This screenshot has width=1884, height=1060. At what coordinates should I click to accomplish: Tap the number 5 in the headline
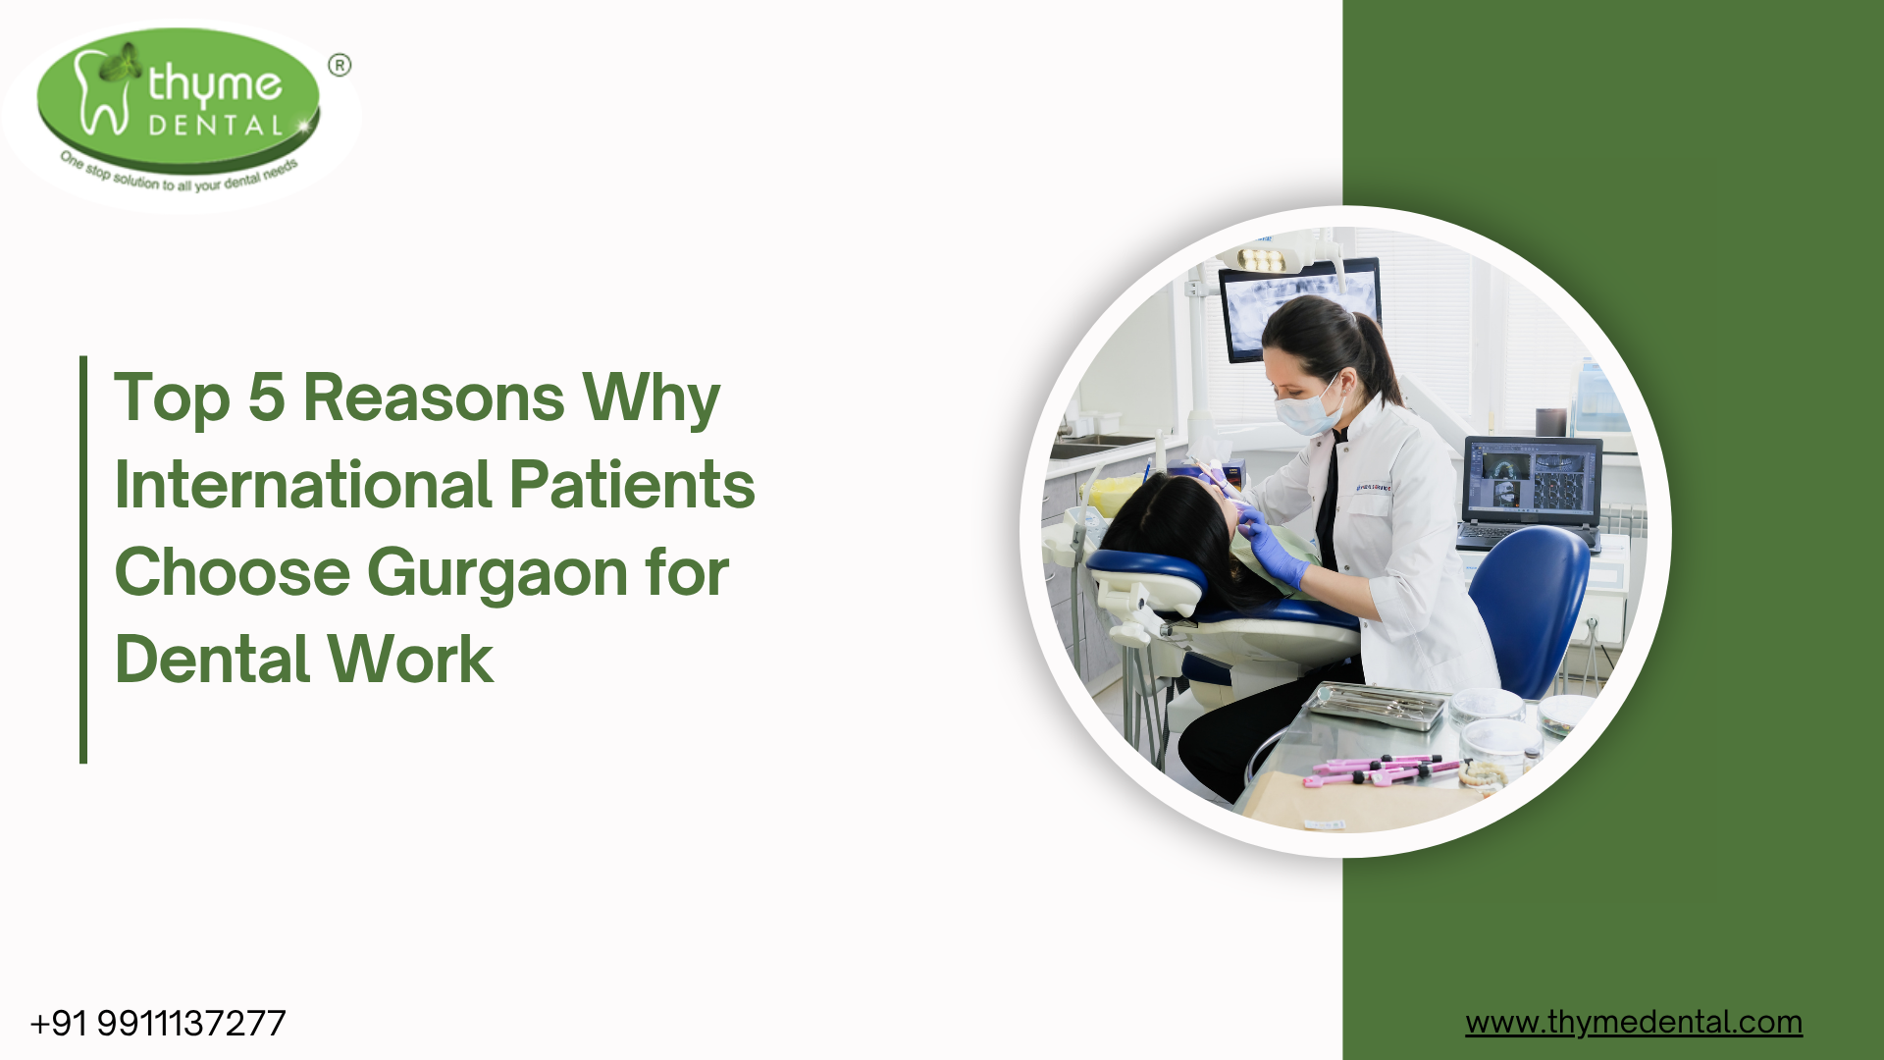[x=266, y=397]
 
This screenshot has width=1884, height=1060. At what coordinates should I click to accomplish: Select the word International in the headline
[x=303, y=485]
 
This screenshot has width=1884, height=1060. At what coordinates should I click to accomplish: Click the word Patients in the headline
[x=632, y=485]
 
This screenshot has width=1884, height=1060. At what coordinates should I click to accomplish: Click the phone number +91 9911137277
[x=158, y=1024]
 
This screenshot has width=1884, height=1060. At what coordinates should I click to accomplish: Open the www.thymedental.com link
[x=1634, y=1023]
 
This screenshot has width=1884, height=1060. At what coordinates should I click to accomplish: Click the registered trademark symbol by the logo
[x=340, y=66]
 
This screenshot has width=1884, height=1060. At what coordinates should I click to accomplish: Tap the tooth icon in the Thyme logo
[x=102, y=91]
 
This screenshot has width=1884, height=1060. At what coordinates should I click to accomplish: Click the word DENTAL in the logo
[x=216, y=126]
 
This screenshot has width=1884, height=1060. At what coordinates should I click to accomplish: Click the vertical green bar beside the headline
[x=83, y=559]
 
